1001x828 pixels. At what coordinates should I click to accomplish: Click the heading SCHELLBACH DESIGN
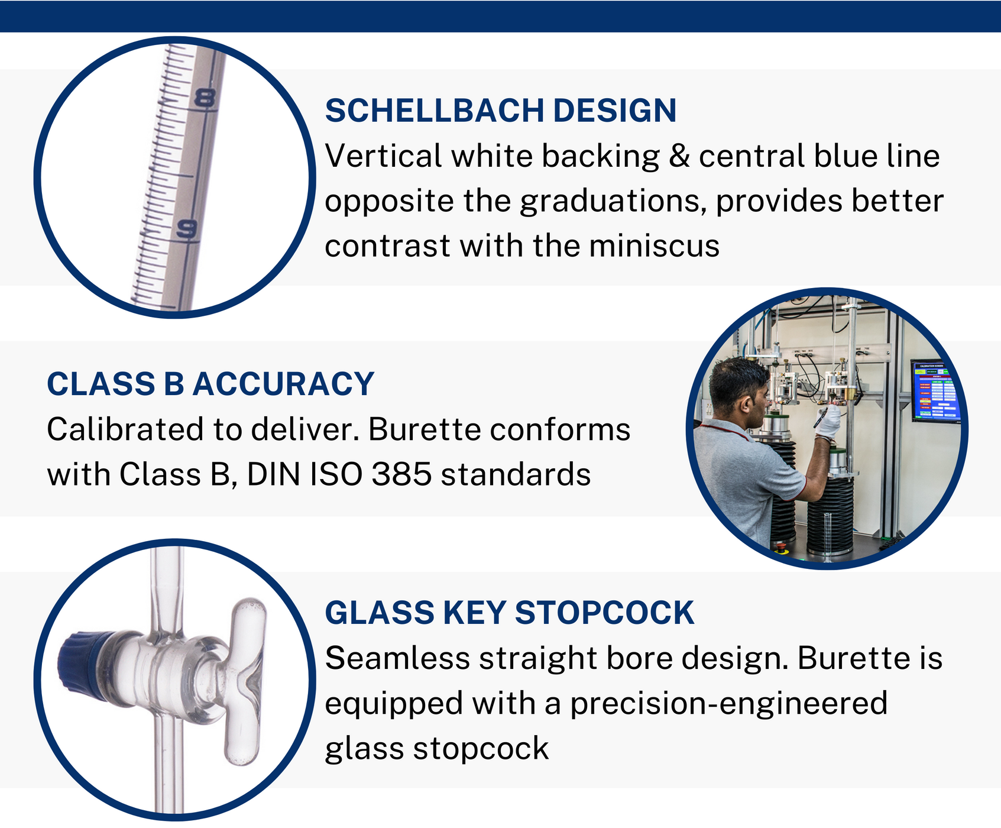tap(500, 111)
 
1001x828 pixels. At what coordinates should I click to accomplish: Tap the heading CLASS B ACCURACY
tap(210, 384)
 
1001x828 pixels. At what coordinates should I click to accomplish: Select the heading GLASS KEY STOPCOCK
tap(509, 613)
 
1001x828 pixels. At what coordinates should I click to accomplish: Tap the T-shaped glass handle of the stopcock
tap(244, 680)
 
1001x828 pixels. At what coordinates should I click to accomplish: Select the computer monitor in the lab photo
tap(935, 390)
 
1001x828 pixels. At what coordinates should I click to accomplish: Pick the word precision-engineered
tap(728, 703)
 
